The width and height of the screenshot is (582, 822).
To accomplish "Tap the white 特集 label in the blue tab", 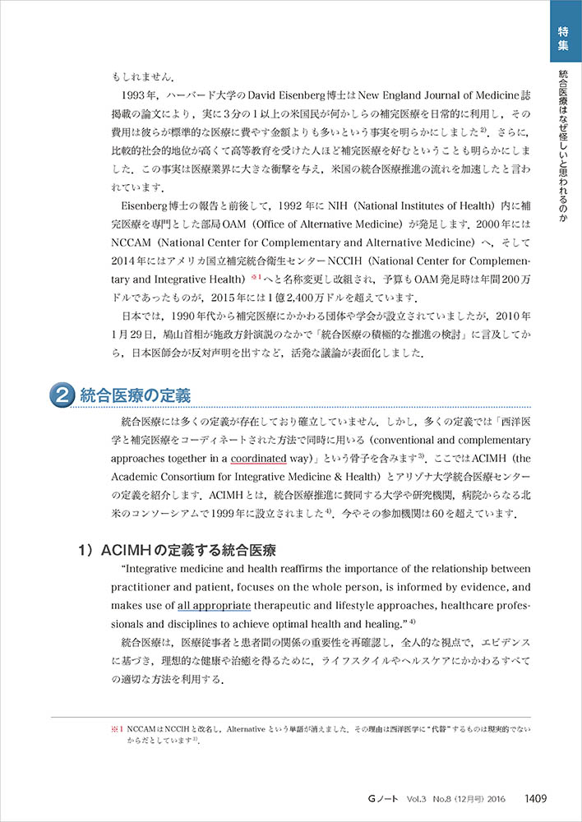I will pyautogui.click(x=563, y=38).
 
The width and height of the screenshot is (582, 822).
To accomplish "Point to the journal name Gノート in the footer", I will pyautogui.click(x=386, y=797).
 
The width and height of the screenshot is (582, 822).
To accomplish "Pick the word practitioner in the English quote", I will pyautogui.click(x=145, y=587).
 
